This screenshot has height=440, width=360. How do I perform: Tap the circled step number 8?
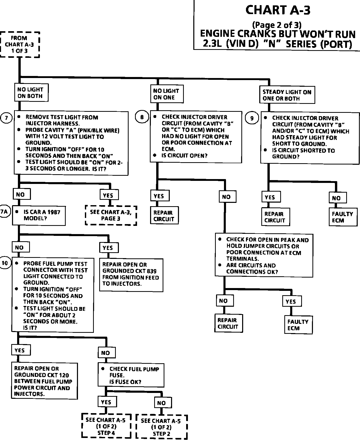(142, 117)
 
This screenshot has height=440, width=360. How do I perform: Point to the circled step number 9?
(252, 118)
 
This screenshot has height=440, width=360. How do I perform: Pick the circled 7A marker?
(4, 212)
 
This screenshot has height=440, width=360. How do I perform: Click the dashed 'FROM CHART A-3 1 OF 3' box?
(20, 45)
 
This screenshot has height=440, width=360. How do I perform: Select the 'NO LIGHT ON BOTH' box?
(31, 93)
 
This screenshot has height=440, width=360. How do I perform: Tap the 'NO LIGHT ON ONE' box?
(167, 94)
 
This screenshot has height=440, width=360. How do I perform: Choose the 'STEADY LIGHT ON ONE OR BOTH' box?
(287, 95)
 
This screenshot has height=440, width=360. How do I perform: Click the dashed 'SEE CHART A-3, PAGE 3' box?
(111, 215)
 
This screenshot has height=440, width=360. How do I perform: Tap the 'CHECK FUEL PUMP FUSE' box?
(131, 375)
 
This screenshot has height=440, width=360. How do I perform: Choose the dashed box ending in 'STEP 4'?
(106, 426)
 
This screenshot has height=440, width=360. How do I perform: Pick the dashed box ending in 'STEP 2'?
(161, 427)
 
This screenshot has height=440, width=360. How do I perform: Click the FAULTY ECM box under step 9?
(343, 217)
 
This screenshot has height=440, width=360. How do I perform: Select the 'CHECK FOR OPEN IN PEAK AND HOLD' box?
(264, 255)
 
